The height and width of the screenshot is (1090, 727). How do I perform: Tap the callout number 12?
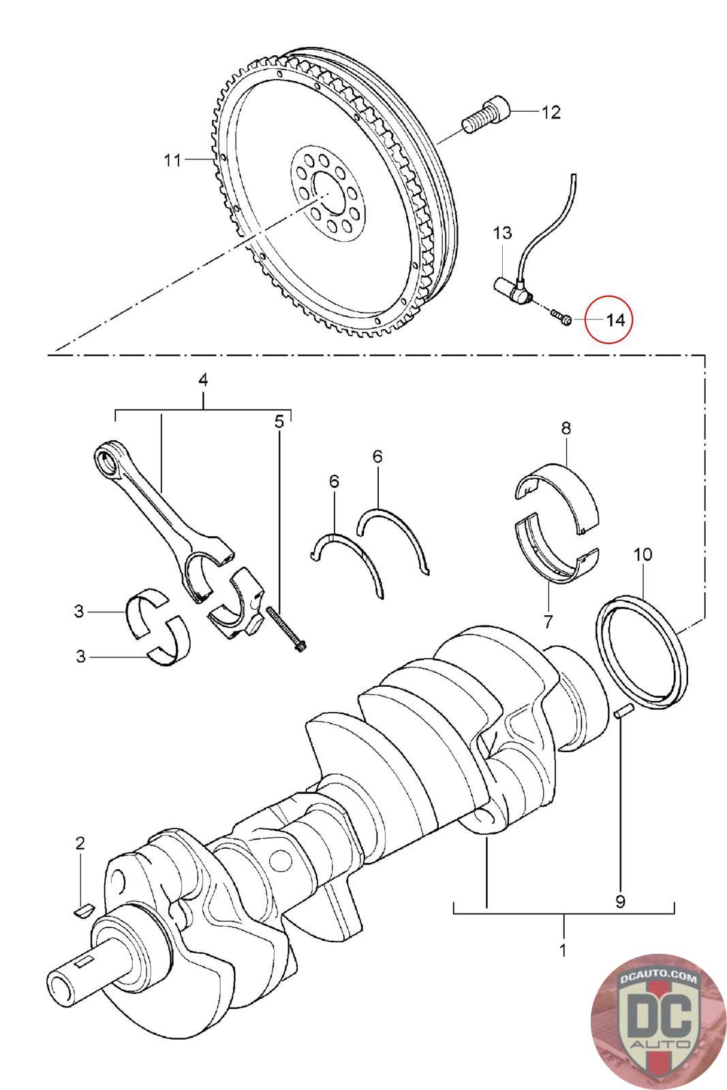551,112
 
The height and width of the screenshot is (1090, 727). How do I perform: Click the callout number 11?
172,161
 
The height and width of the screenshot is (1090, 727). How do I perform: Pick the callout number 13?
502,233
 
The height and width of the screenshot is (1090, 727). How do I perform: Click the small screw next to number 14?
560,317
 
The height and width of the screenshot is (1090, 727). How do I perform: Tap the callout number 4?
202,380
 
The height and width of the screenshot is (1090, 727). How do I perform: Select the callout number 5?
279,422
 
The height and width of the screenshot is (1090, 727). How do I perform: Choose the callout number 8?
566,429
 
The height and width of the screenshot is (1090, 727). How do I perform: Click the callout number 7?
548,621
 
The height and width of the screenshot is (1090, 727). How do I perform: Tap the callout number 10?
642,554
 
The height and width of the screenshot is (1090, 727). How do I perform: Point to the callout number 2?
80,843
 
